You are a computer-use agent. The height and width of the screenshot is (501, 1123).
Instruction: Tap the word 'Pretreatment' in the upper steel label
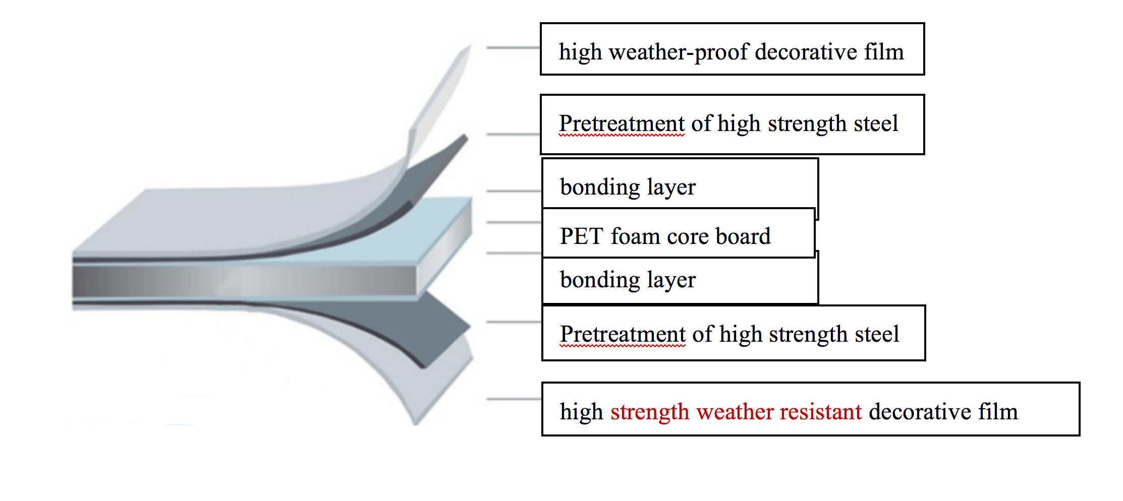tap(622, 123)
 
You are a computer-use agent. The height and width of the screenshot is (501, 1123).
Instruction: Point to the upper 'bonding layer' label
tap(628, 187)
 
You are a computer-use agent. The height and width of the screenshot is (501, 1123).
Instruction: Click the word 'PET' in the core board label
tap(581, 236)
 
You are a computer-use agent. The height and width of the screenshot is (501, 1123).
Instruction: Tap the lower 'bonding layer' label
tap(628, 280)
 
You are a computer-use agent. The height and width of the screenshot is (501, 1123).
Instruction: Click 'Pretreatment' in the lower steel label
tap(623, 334)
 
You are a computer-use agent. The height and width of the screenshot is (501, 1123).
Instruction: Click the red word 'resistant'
tap(820, 412)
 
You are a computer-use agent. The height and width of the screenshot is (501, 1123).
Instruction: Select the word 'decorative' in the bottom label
tap(920, 412)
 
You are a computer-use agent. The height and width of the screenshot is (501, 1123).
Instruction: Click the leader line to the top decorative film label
tap(513, 48)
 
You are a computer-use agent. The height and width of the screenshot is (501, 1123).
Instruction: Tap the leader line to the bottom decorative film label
tap(514, 399)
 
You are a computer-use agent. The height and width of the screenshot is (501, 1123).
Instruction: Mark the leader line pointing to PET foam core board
tap(514, 222)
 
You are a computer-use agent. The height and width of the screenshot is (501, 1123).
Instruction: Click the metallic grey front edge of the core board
tap(244, 280)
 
